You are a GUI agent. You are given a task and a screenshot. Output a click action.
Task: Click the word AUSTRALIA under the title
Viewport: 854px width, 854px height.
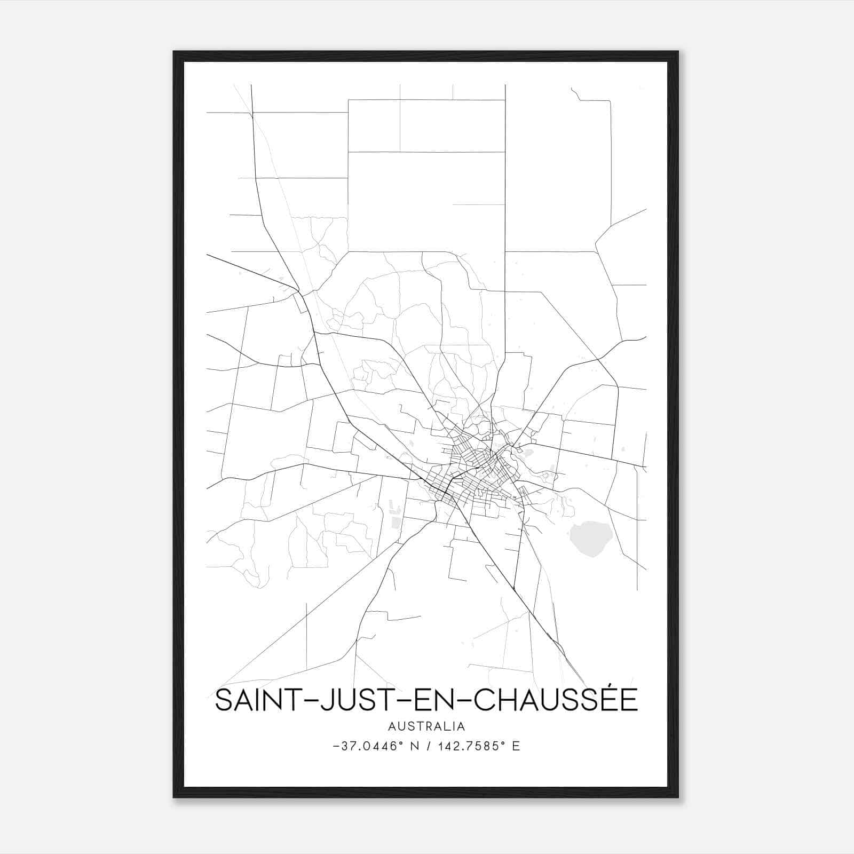pyautogui.click(x=426, y=726)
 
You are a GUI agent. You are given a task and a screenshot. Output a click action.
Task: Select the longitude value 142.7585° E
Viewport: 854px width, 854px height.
pyautogui.click(x=478, y=746)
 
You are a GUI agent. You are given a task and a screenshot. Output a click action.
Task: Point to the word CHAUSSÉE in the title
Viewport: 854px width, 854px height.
pyautogui.click(x=555, y=701)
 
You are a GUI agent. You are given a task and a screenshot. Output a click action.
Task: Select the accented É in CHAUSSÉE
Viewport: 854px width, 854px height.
pyautogui.click(x=625, y=699)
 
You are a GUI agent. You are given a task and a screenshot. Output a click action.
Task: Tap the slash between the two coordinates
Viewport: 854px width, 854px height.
pyautogui.click(x=429, y=746)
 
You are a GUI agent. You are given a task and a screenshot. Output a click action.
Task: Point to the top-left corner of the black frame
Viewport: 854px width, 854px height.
pyautogui.click(x=174, y=52)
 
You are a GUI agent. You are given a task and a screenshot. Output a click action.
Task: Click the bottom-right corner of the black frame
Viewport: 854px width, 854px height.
pyautogui.click(x=677, y=797)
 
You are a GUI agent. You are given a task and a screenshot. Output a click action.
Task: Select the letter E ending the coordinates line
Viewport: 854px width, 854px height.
pyautogui.click(x=516, y=746)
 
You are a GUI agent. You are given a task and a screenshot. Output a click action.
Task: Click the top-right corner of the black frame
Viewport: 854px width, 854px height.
pyautogui.click(x=677, y=52)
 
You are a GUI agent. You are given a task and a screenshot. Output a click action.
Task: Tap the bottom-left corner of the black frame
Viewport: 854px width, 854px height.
pyautogui.click(x=174, y=797)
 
